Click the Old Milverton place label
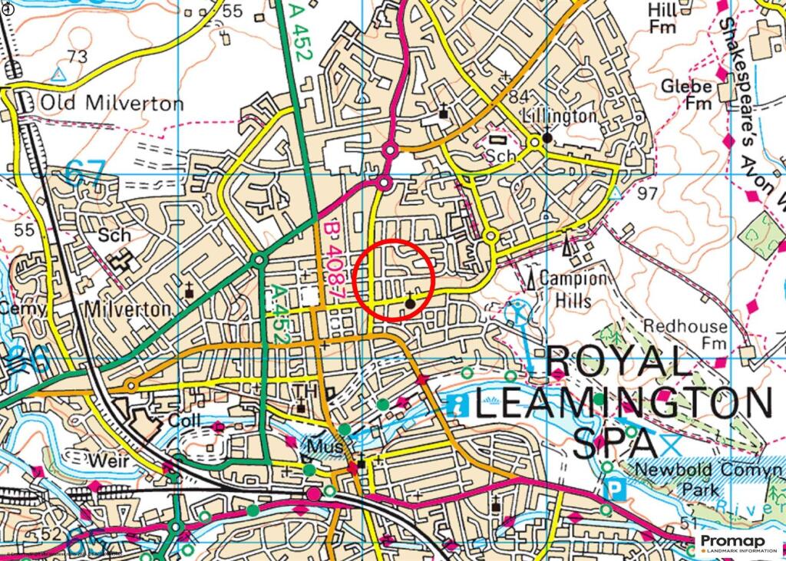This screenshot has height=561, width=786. [x=111, y=103]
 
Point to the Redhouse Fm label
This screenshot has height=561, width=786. [x=685, y=335]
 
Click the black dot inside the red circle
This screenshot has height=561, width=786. [x=410, y=304]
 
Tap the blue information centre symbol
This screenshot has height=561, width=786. [x=457, y=404]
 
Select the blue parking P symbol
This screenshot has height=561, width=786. [x=615, y=489]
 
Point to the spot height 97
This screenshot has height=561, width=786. [x=647, y=192]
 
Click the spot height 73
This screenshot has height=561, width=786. [x=77, y=57]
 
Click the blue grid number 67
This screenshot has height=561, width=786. [x=85, y=172]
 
